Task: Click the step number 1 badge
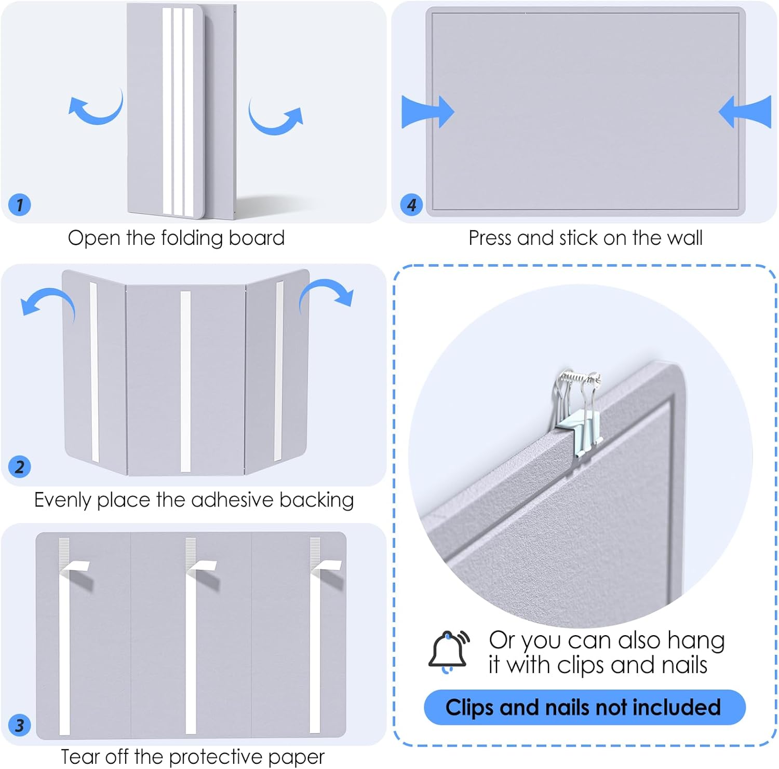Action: click(20, 204)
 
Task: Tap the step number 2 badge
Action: click(20, 466)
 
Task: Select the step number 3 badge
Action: click(20, 725)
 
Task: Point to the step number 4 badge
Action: click(411, 204)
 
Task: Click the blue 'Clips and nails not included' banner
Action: click(584, 707)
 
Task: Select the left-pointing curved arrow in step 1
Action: click(97, 108)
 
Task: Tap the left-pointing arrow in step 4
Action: click(746, 112)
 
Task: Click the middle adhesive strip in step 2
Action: click(185, 381)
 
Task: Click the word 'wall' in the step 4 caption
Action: click(684, 238)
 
